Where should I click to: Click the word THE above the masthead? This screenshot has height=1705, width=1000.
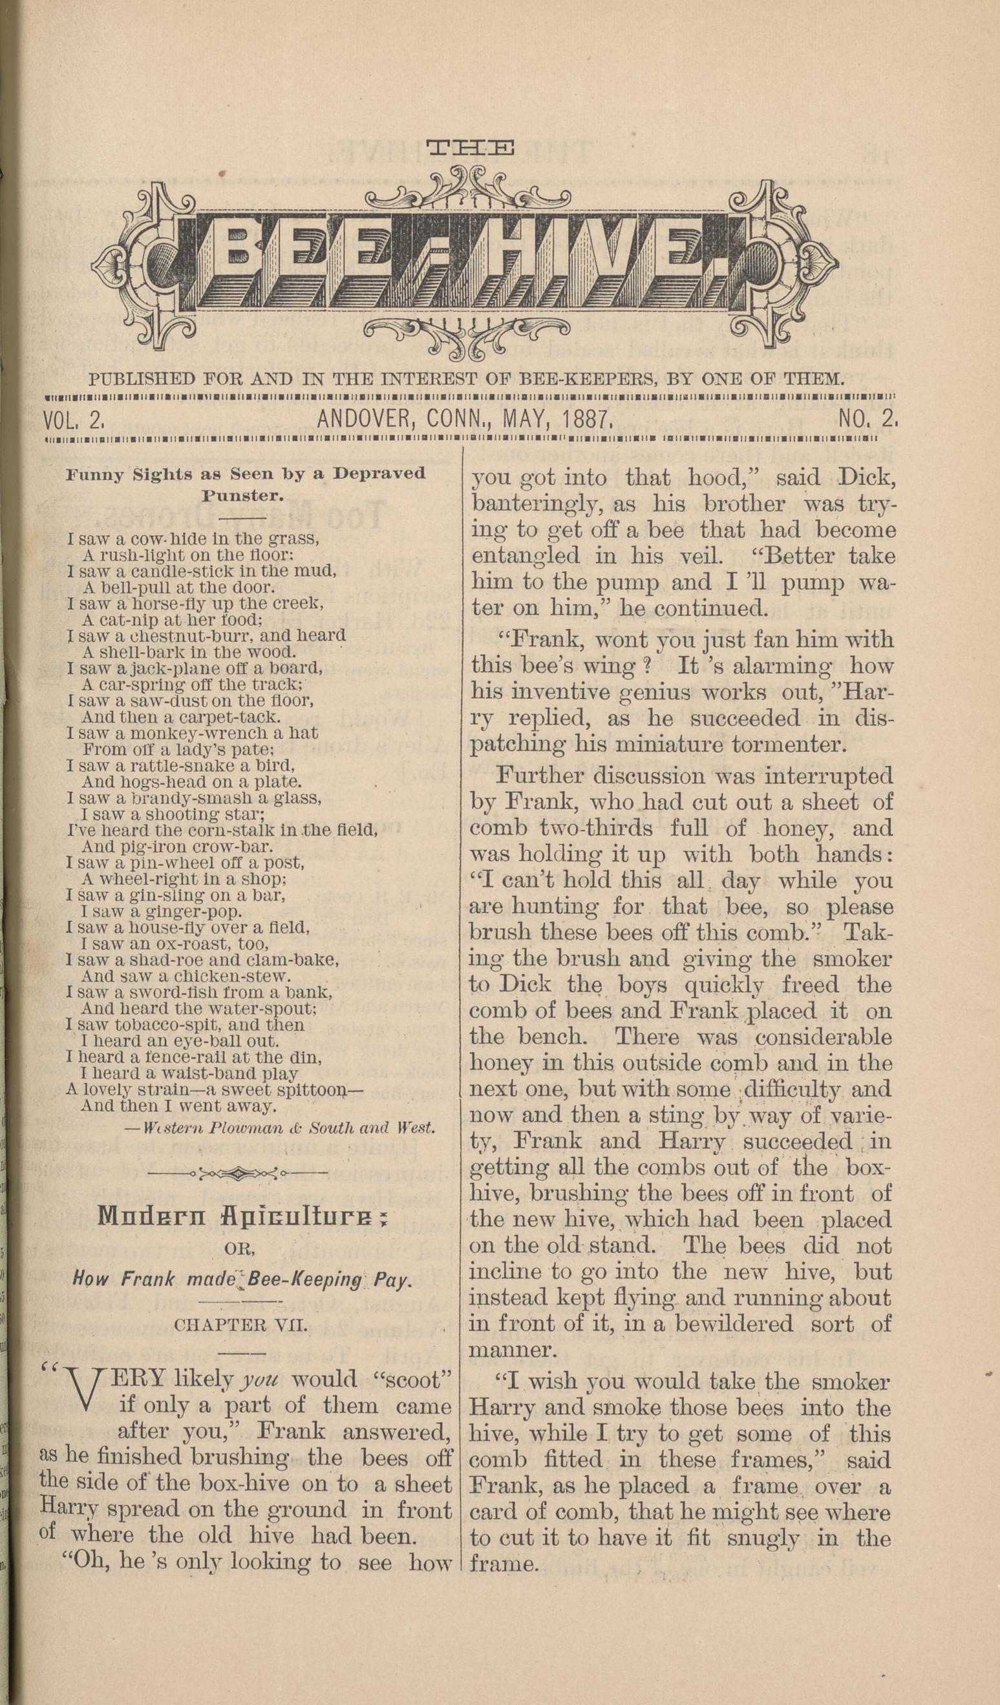pos(470,148)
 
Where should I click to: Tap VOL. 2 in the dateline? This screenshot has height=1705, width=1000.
pos(72,421)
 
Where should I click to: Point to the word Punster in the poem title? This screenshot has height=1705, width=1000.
pos(242,495)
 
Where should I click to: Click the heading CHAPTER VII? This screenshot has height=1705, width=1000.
pos(240,1325)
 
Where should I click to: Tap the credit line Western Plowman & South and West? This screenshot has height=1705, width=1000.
pos(280,1128)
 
